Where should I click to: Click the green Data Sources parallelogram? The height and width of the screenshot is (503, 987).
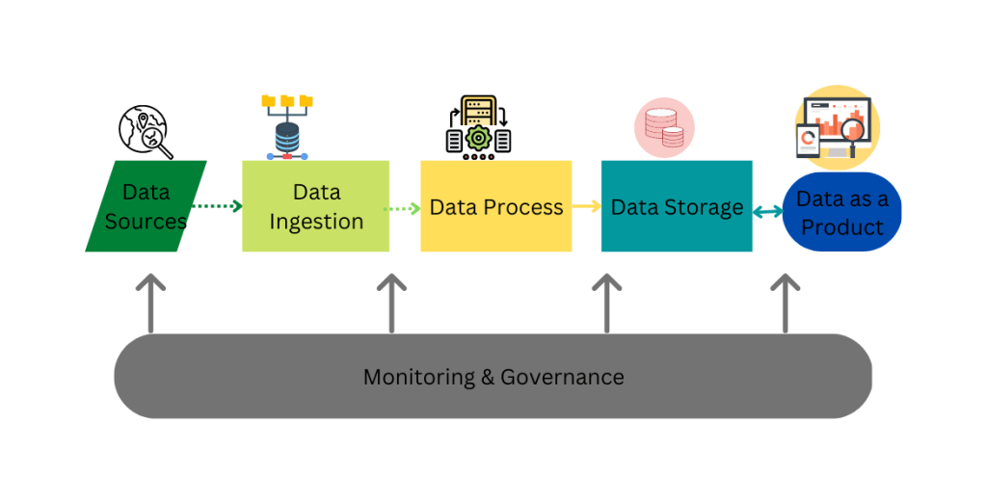point(146,206)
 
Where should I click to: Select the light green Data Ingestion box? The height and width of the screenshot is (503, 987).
point(315,206)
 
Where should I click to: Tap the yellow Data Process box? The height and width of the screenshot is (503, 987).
point(495,206)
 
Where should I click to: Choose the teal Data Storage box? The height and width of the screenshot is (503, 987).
point(677,206)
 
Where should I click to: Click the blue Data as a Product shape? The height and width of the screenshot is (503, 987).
point(842,212)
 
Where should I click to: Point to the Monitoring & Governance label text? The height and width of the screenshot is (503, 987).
point(493,377)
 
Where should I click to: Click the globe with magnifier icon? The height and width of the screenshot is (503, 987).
point(145,132)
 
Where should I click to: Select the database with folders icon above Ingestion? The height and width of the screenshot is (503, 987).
point(286,125)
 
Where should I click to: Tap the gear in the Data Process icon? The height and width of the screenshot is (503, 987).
point(478,138)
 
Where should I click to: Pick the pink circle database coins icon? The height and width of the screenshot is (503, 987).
point(664,128)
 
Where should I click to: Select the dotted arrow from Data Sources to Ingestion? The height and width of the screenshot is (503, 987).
point(216,205)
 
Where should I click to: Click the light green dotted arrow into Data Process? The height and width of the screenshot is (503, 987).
point(403,207)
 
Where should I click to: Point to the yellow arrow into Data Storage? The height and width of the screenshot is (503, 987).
point(585,205)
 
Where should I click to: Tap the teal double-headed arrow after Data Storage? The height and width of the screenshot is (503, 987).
point(768,211)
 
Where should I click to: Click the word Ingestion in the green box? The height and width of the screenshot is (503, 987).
point(316,222)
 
